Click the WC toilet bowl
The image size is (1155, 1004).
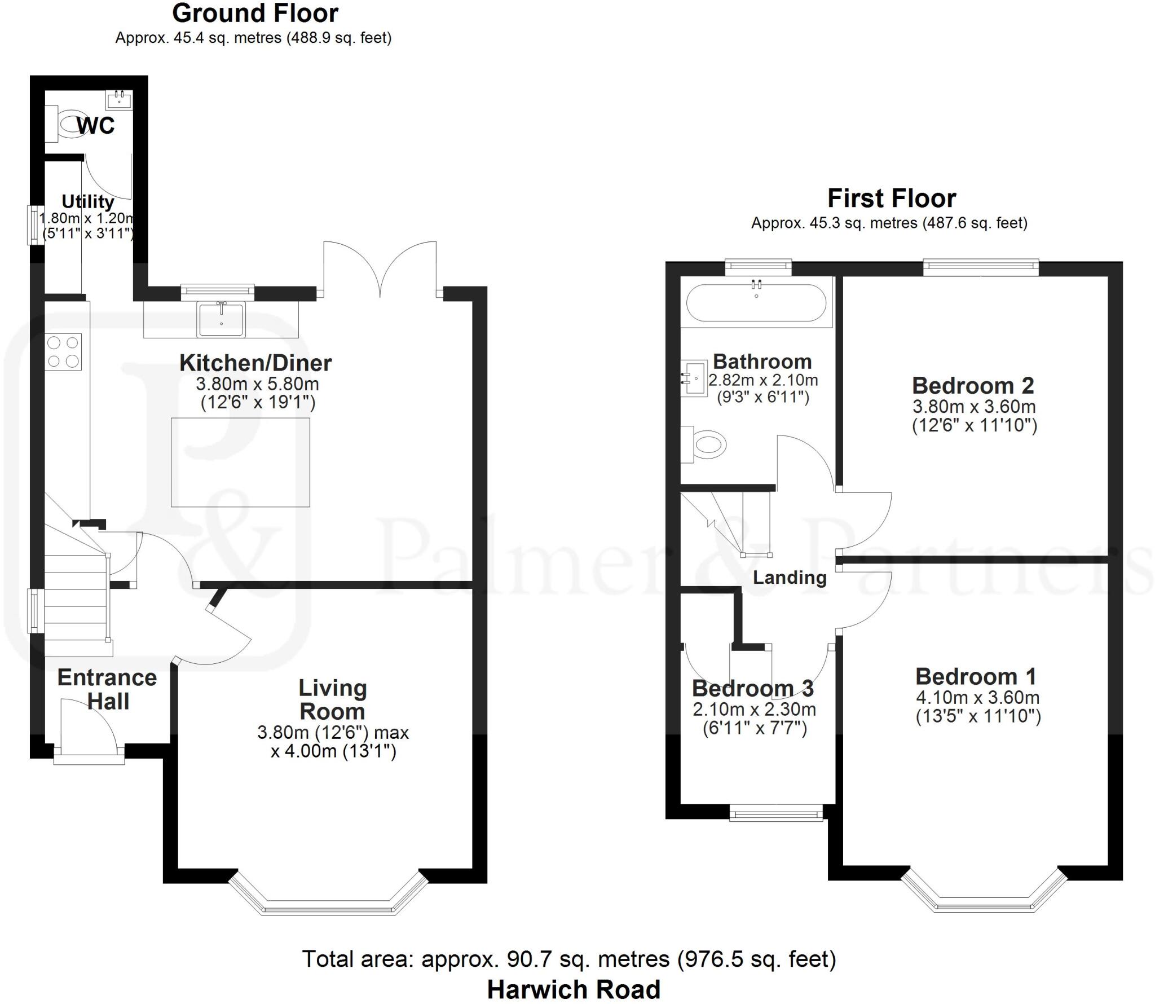tap(70, 124)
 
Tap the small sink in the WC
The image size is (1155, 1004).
tap(119, 100)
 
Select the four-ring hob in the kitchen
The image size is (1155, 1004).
tap(64, 352)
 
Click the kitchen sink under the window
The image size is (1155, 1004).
tap(221, 319)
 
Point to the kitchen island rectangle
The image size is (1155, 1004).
tap(240, 462)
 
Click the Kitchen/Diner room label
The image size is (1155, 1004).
tap(255, 363)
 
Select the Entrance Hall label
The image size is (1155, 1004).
tap(107, 689)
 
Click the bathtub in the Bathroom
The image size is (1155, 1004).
tap(756, 303)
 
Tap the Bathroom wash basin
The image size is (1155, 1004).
tap(695, 378)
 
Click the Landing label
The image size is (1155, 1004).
tap(790, 578)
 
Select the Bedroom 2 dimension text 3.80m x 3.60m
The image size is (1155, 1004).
tap(974, 407)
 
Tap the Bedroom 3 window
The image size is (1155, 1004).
tap(777, 814)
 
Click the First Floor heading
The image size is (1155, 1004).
tap(891, 199)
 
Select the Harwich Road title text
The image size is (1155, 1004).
tap(574, 989)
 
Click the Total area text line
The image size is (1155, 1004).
tap(569, 959)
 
